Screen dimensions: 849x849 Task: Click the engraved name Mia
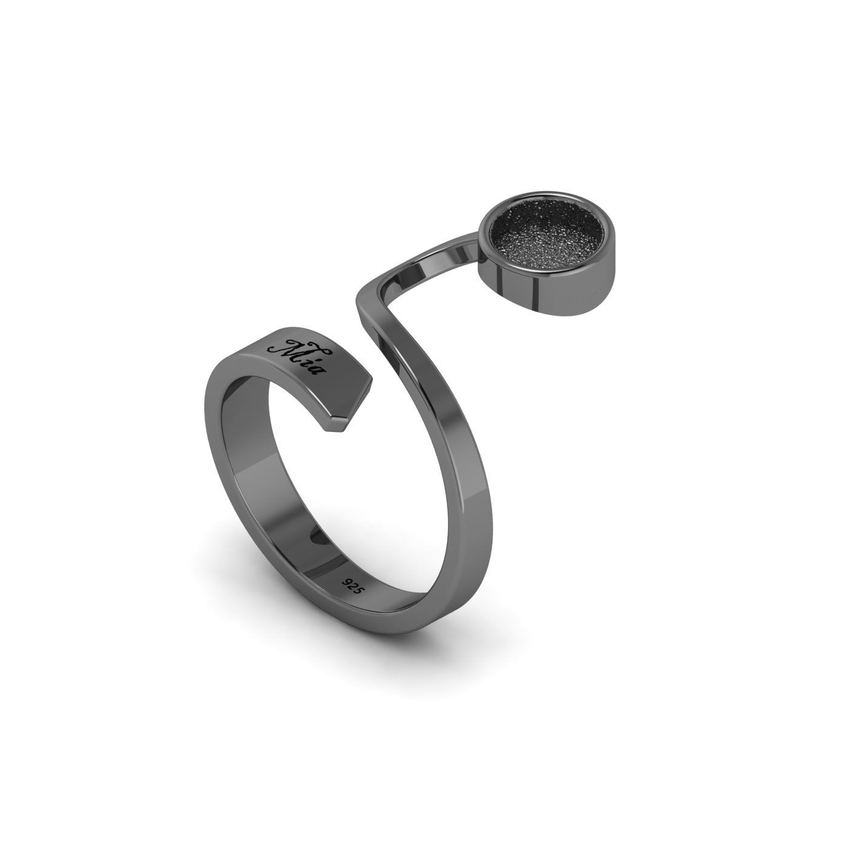[301, 357]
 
